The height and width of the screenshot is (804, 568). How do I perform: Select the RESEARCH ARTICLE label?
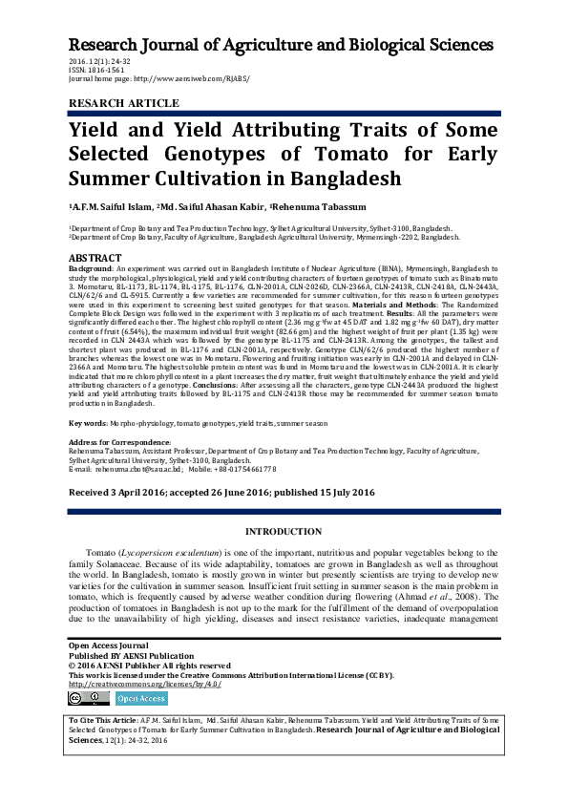pos(123,103)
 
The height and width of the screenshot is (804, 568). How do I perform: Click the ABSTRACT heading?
pos(95,259)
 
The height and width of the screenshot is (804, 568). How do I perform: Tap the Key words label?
pos(87,422)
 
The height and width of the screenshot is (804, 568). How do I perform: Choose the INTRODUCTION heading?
pos(284,531)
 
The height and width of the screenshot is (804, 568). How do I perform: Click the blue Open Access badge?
pos(141,699)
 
